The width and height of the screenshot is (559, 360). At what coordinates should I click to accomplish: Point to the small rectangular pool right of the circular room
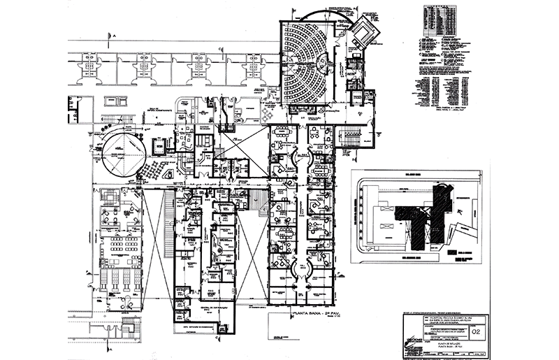point(159,146)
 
